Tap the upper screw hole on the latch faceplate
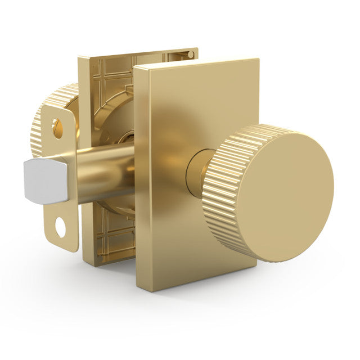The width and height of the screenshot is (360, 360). click(58, 128)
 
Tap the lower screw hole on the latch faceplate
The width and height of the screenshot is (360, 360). click(60, 228)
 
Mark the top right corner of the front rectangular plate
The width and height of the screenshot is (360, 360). click(258, 59)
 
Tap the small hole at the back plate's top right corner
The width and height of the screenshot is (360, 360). click(191, 55)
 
